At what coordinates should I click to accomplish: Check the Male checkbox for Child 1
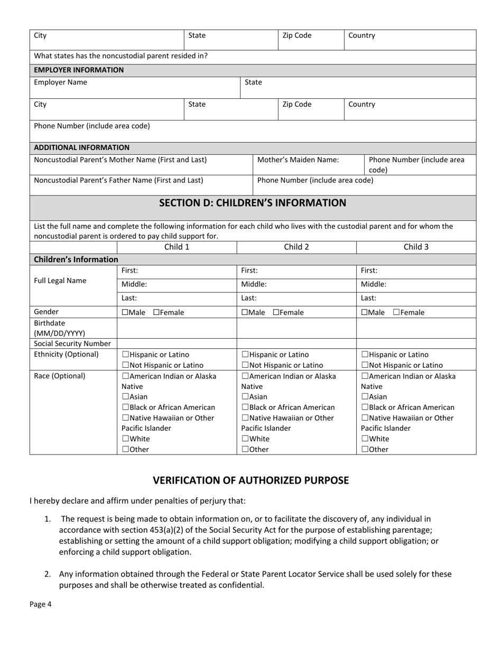click(125, 312)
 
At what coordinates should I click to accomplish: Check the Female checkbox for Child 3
click(396, 312)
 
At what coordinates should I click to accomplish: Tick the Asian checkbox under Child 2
click(245, 397)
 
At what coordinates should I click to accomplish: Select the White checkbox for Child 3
click(365, 439)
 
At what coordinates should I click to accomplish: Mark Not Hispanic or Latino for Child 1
click(125, 365)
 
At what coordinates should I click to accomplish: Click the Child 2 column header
click(296, 247)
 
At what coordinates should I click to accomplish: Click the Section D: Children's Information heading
click(253, 203)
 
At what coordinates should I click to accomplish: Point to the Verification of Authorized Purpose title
click(251, 480)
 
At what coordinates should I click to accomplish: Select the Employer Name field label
click(61, 82)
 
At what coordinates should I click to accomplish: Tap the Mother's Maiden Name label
click(298, 160)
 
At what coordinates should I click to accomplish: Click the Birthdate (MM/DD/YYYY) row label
click(59, 328)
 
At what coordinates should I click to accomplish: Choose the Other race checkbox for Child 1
click(125, 450)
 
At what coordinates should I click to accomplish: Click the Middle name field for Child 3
click(416, 284)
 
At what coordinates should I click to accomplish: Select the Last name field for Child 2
click(296, 298)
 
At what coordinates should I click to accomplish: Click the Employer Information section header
click(79, 70)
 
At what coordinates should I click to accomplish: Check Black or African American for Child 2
click(245, 407)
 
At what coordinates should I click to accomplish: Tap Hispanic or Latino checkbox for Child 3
click(365, 355)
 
